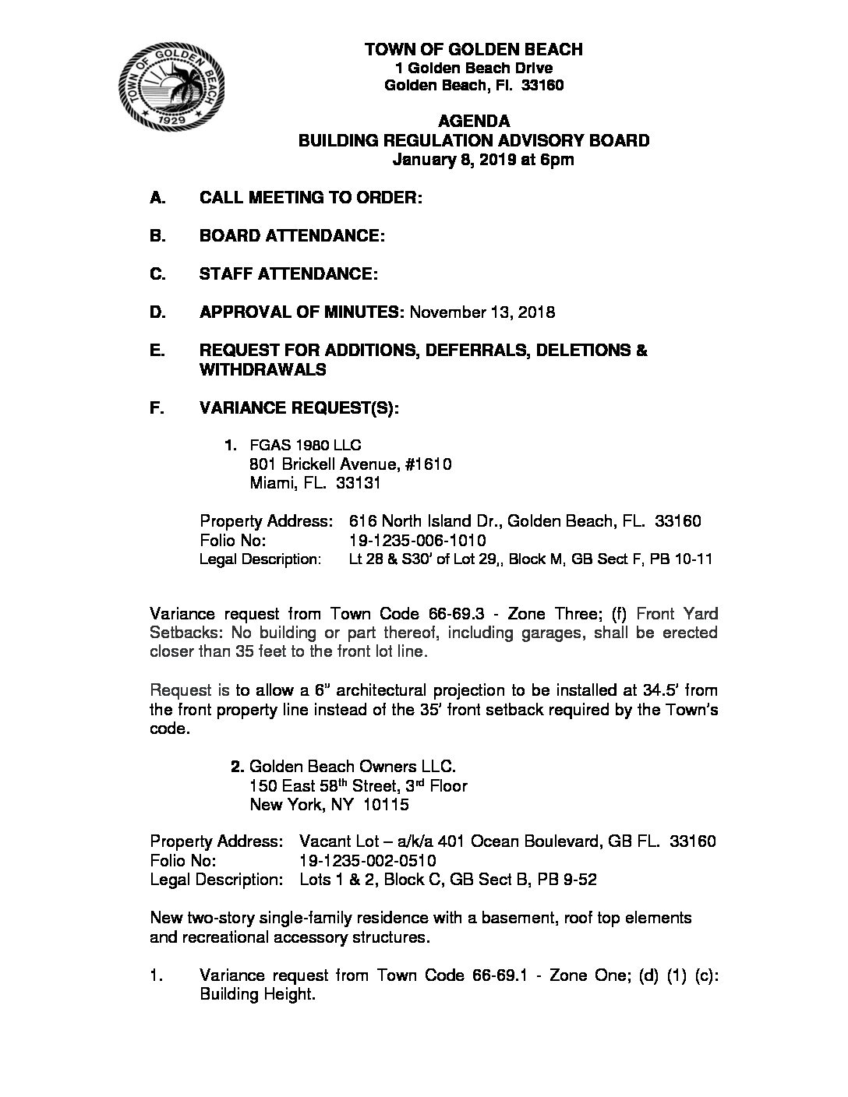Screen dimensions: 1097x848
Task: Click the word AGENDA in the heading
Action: (474, 121)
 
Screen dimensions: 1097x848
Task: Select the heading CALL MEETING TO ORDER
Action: (311, 198)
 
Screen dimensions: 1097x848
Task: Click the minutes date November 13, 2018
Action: (482, 312)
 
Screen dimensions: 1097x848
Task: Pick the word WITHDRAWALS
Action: (263, 370)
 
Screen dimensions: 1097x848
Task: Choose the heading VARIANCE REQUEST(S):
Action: (299, 408)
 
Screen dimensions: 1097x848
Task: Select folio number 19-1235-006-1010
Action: (418, 540)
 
